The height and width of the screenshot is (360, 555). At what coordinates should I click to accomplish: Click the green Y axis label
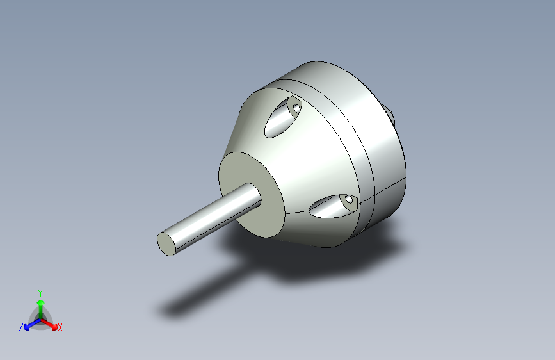tap(40, 293)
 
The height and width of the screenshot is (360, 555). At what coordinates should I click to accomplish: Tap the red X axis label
tap(60, 327)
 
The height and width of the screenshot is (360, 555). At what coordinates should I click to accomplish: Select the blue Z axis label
tap(21, 327)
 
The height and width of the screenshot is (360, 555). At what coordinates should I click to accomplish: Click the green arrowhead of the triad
tap(41, 302)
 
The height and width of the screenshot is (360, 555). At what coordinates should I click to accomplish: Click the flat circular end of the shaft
tap(166, 244)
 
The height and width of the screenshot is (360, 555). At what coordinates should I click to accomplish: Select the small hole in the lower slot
tap(349, 200)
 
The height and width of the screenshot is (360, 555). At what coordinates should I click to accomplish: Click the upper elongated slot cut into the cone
tap(282, 118)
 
